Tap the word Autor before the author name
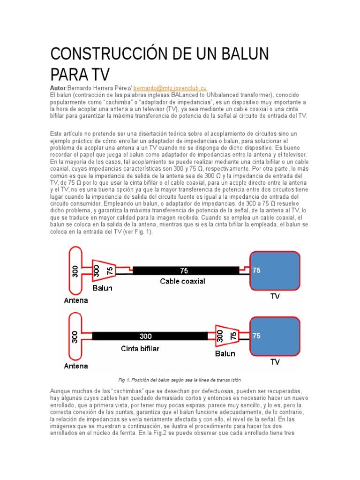click(x=58, y=88)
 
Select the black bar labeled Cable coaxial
click(x=186, y=270)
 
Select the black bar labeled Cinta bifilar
click(x=150, y=336)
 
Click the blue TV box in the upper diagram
click(x=274, y=271)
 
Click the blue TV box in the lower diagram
click(x=274, y=337)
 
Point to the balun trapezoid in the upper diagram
click(x=103, y=271)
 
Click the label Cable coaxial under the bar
click(x=183, y=281)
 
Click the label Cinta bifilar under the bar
click(x=140, y=348)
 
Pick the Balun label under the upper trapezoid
click(x=102, y=288)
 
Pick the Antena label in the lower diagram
click(x=76, y=366)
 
